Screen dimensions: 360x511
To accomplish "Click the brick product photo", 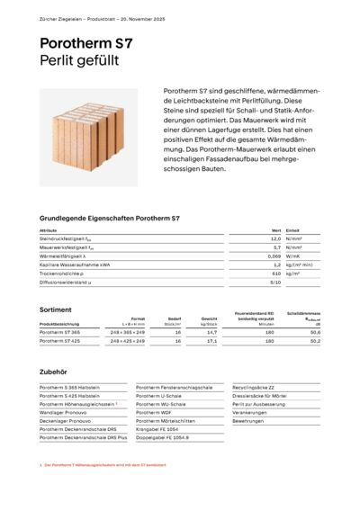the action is coord(91,136).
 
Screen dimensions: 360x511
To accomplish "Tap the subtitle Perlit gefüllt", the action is coord(84,61).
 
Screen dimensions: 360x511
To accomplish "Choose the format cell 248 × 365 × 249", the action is coord(127,332).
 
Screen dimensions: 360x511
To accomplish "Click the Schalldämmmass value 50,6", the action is coord(314,332).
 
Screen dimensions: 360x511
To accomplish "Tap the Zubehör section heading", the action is coord(54,368).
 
